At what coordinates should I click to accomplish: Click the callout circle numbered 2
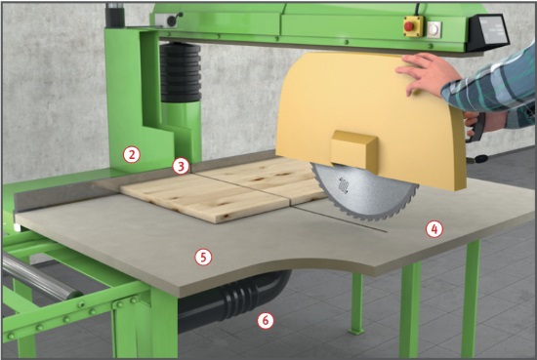point(132,154)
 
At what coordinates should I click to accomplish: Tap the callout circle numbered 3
point(181,166)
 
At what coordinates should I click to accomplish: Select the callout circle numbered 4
point(434,229)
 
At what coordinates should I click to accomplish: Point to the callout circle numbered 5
point(203,257)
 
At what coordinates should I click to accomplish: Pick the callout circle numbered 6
point(266,321)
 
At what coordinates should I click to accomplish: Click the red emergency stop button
point(409,26)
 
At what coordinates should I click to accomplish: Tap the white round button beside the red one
point(434,29)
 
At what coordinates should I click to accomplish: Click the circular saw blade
point(363,192)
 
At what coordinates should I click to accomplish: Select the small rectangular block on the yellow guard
point(354,150)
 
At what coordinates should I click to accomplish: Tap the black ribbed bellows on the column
point(181,72)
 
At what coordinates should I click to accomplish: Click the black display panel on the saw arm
point(489,32)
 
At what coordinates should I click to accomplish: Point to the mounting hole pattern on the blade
point(343,185)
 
